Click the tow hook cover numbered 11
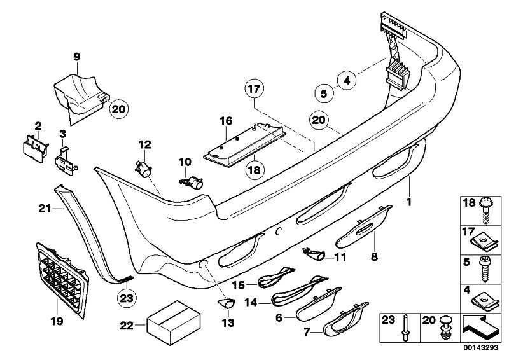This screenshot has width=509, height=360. [x=317, y=255]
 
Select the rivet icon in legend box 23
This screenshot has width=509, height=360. [x=406, y=327]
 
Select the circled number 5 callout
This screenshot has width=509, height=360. [x=324, y=93]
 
